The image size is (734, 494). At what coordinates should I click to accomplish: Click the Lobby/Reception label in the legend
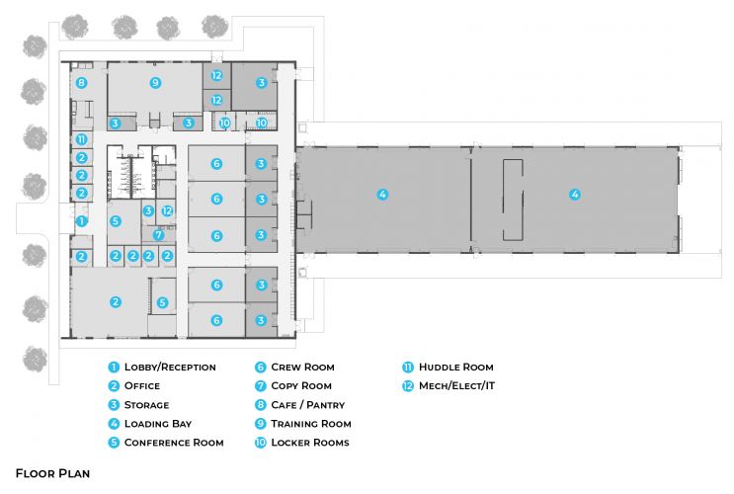[170, 368]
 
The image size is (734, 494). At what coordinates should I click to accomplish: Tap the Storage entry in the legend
[146, 405]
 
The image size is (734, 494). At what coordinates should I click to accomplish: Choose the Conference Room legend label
[174, 443]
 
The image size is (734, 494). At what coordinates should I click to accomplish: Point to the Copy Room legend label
[300, 386]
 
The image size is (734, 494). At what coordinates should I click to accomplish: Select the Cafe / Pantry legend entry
[307, 405]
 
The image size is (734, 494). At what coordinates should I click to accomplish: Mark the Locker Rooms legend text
[309, 443]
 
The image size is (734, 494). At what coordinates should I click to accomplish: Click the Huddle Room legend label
[455, 368]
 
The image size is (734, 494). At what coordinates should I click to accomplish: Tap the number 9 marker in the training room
[154, 82]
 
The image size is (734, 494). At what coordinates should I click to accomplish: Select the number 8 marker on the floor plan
[82, 82]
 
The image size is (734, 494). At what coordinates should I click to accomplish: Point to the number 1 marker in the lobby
[82, 221]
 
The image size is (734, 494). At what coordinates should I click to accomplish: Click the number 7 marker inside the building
[158, 235]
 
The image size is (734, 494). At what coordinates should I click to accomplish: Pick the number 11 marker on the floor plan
[82, 140]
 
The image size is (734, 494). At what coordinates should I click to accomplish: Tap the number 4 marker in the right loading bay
[574, 195]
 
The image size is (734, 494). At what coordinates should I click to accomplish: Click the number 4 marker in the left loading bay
[382, 195]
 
